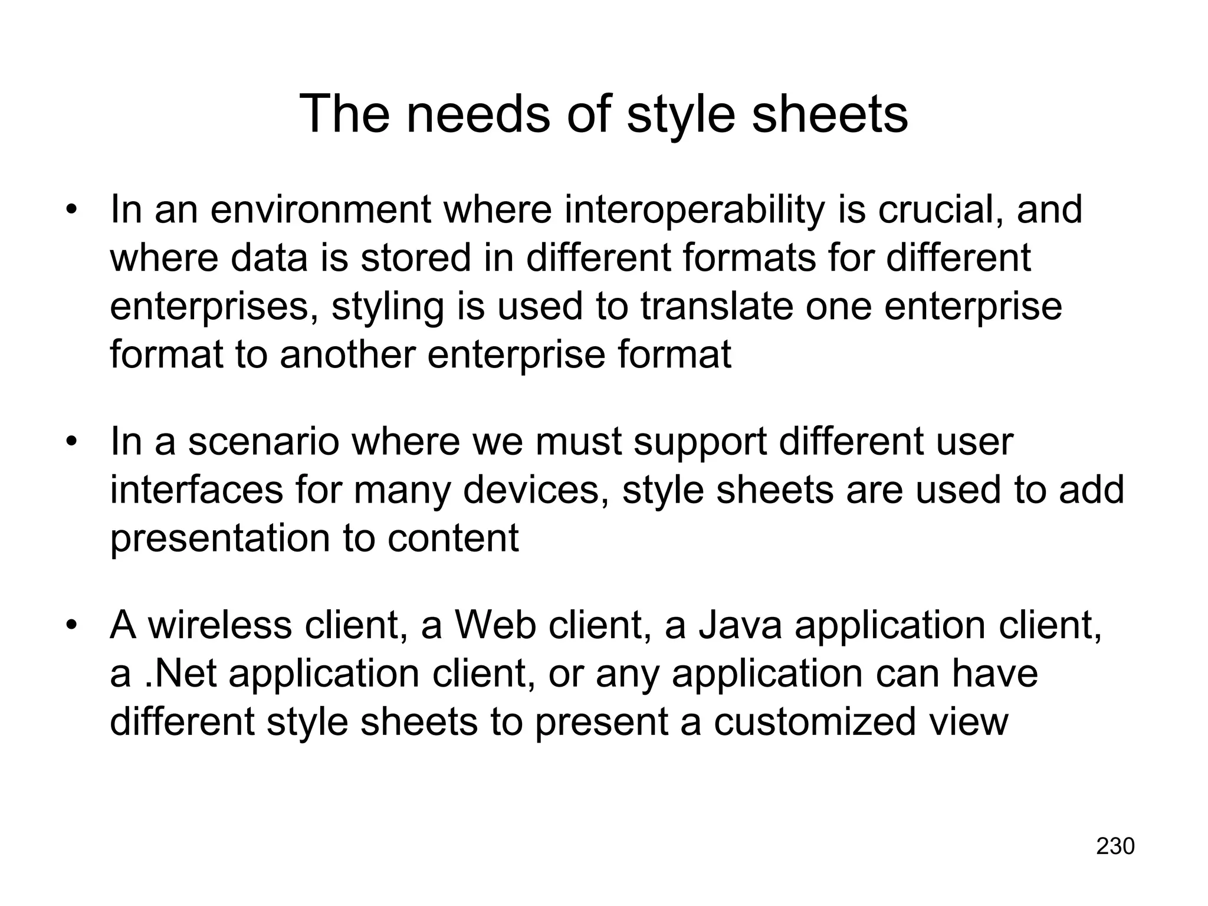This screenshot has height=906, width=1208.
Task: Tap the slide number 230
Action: pyautogui.click(x=1115, y=846)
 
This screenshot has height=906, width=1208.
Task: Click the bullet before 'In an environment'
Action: pyautogui.click(x=72, y=211)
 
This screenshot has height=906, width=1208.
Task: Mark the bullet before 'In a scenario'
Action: pyautogui.click(x=72, y=443)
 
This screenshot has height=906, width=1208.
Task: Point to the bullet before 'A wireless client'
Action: pyautogui.click(x=72, y=626)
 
